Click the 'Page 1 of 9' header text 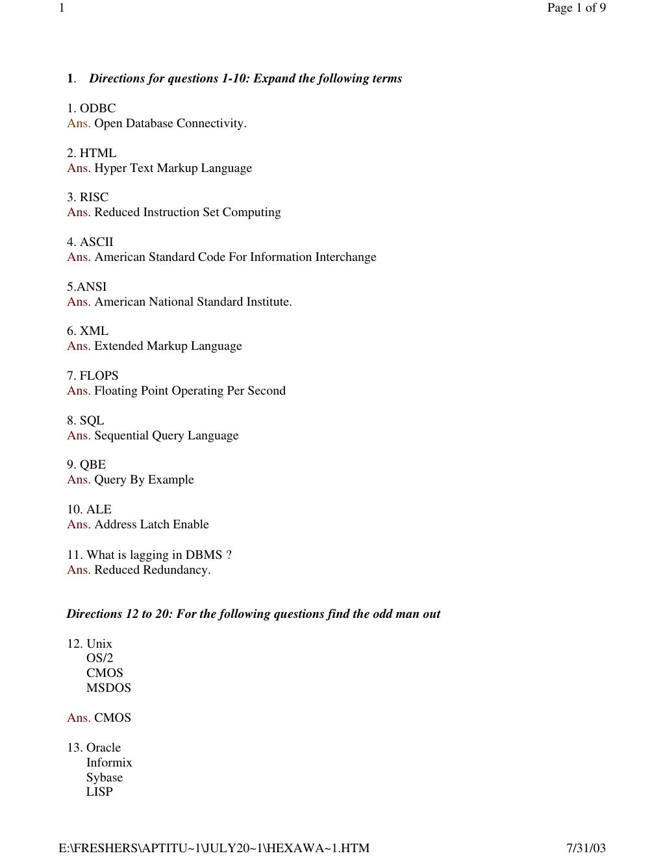576,8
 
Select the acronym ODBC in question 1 97,108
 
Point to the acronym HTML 98,153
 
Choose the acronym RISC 94,197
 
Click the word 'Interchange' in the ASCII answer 345,257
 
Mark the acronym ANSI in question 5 92,287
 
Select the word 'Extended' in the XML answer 118,346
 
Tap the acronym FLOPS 99,376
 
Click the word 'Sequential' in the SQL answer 121,436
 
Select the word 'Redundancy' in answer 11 177,570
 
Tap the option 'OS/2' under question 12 99,658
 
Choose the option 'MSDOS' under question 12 108,688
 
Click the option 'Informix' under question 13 109,763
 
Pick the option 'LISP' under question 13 99,792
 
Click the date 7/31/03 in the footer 586,848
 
